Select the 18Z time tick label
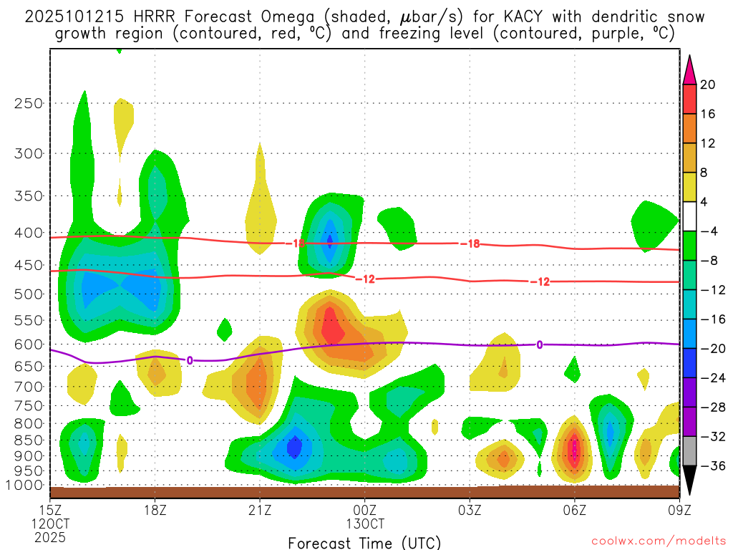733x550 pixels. pos(156,511)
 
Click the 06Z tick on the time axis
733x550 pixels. pos(574,511)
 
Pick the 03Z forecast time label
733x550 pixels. pos(470,511)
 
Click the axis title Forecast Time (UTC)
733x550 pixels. pos(364,542)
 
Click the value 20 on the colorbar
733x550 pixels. pos(708,85)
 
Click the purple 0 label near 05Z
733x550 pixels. pos(539,345)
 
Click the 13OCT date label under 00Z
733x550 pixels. pos(364,524)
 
